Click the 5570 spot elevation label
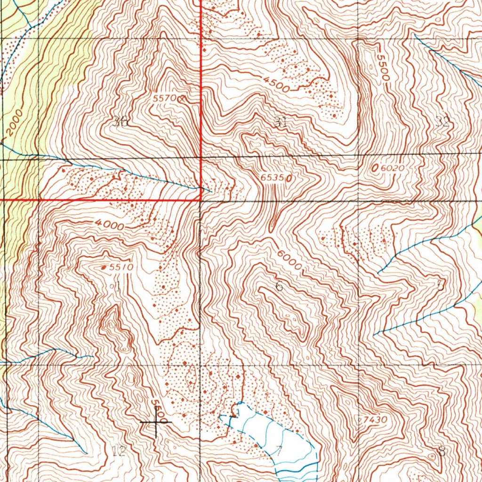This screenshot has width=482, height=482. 164,98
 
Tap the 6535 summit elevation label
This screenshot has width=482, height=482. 272,178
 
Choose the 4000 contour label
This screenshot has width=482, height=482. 109,225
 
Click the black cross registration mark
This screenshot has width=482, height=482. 155,422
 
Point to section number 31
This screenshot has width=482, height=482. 281,122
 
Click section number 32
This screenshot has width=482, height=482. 442,123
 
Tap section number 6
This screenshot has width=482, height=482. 279,286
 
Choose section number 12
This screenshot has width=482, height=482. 120,451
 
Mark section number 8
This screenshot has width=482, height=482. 441,452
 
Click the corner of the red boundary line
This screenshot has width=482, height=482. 201,200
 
